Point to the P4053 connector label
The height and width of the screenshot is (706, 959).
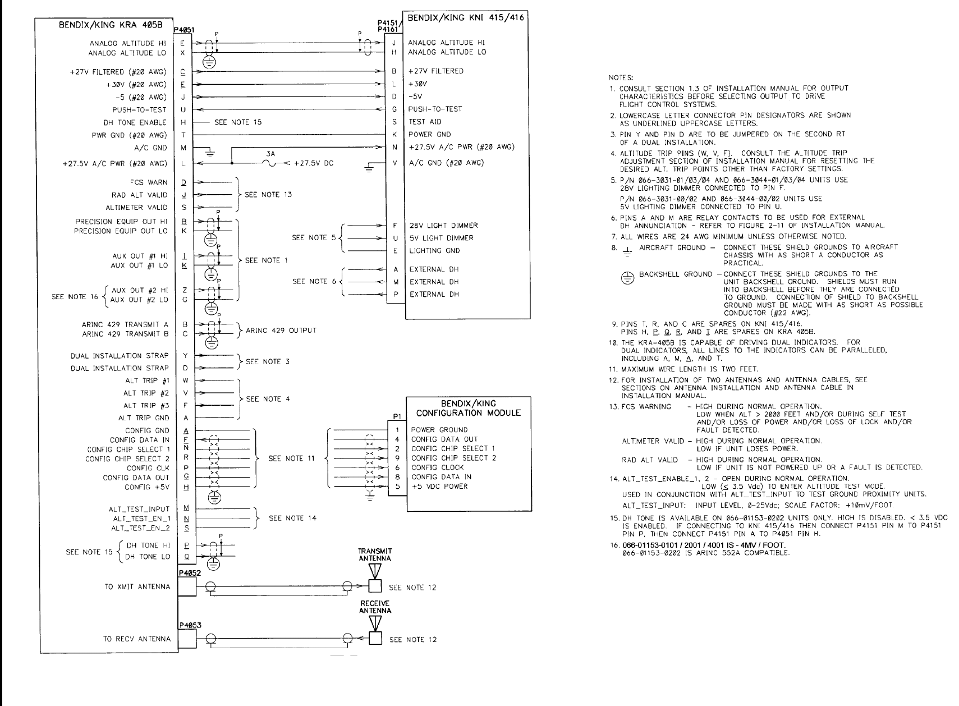(187, 625)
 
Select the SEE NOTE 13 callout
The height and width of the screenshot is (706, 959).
(268, 195)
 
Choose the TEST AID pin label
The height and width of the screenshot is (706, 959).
(424, 122)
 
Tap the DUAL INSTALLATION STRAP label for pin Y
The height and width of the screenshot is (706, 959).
(120, 355)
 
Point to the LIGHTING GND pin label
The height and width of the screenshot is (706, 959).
(434, 250)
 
